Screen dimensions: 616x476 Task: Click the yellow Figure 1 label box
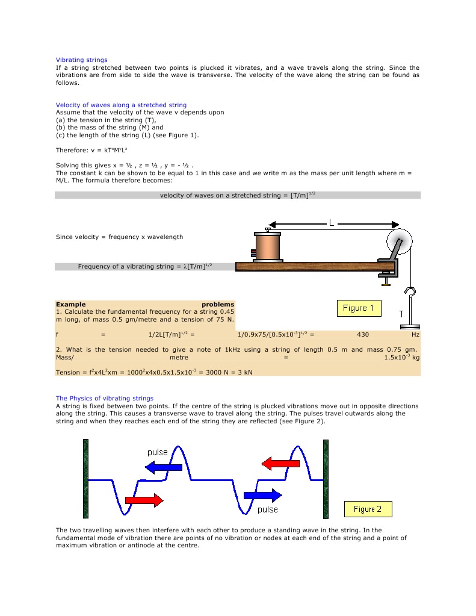point(359,308)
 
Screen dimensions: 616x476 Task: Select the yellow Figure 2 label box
point(368,509)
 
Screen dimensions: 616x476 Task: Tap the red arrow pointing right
point(144,500)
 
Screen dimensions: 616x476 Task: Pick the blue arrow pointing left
point(150,467)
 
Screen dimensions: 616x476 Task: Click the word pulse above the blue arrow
point(158,452)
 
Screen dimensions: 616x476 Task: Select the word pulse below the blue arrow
point(268,509)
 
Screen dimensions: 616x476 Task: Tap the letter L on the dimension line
point(331,223)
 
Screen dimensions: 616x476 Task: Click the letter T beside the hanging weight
point(401,314)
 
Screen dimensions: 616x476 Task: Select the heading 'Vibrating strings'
point(82,60)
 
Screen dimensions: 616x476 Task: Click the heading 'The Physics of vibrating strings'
point(105,399)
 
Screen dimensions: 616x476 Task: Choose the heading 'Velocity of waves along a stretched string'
point(121,105)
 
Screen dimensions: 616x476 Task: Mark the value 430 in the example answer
point(363,334)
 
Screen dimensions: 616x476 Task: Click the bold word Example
point(70,305)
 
